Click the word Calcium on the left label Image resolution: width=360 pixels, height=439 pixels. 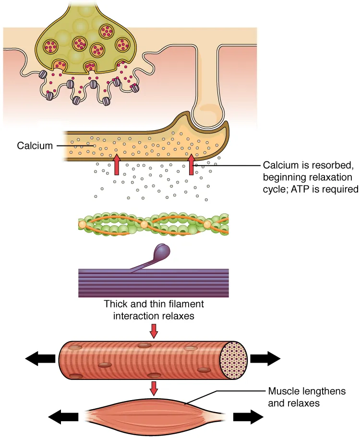pyautogui.click(x=35, y=145)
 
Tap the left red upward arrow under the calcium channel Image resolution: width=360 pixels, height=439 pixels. pyautogui.click(x=116, y=164)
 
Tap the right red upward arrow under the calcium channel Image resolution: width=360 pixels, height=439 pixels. pyautogui.click(x=191, y=164)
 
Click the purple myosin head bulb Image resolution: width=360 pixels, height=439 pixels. pyautogui.click(x=162, y=252)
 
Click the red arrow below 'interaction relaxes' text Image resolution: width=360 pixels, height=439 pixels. pyautogui.click(x=154, y=330)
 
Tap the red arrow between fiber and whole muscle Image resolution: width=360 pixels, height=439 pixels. pyautogui.click(x=154, y=388)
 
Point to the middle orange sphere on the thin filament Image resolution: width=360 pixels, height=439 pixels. pyautogui.click(x=144, y=224)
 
